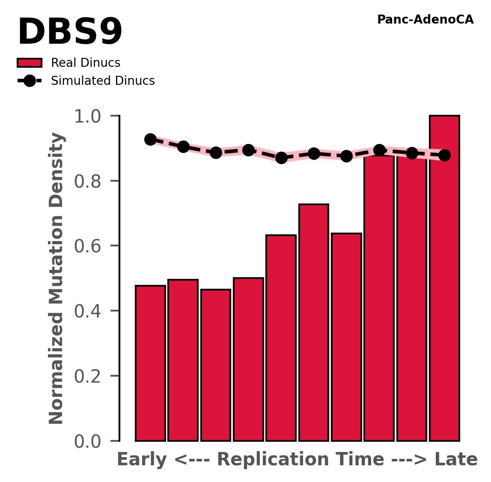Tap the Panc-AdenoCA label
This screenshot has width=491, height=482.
pos(425,20)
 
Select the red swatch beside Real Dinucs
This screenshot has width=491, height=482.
pos(30,63)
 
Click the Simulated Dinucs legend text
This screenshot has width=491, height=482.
pos(103,81)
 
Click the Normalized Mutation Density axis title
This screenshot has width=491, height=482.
pos(57,278)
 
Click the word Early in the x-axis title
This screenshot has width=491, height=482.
pos(142,460)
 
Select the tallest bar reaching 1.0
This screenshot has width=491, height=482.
pos(444,278)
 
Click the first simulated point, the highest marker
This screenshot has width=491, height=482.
pos(150,139)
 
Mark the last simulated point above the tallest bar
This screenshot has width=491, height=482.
pos(444,155)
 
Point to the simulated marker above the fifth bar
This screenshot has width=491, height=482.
pos(281,158)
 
